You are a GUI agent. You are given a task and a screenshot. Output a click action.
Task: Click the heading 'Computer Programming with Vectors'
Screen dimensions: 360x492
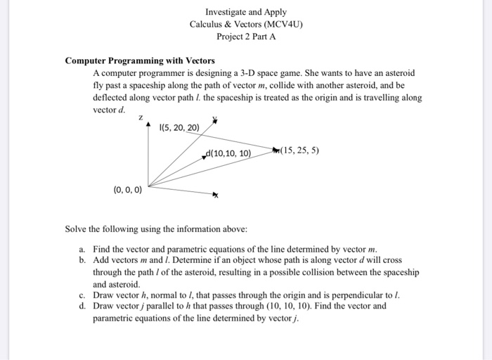click(140, 60)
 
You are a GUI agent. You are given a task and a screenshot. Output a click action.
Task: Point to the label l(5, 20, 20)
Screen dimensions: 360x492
click(181, 127)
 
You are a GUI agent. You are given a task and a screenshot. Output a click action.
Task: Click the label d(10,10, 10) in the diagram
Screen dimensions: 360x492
click(228, 154)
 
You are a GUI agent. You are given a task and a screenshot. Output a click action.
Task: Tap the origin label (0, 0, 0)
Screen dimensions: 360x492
click(127, 189)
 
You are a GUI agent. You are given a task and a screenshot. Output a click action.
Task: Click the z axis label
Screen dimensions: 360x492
click(141, 119)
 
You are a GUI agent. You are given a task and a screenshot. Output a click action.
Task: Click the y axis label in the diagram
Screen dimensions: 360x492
click(215, 120)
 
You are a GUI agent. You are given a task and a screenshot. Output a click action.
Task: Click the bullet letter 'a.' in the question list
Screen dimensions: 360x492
click(83, 250)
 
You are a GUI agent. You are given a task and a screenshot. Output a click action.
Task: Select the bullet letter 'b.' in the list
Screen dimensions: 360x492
click(83, 261)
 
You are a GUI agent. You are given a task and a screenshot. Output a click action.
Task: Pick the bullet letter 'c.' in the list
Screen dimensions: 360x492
click(83, 295)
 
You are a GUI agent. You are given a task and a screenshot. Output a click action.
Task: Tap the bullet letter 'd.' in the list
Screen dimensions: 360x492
click(83, 307)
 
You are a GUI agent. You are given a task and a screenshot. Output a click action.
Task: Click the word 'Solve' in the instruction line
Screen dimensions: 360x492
click(77, 229)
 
